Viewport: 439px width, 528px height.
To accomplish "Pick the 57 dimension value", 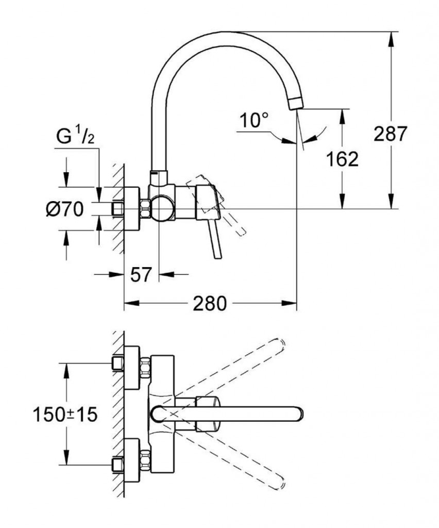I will (x=141, y=275).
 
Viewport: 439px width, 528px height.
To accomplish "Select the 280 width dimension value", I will (x=209, y=304).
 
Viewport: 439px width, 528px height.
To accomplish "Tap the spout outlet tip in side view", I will (x=297, y=102).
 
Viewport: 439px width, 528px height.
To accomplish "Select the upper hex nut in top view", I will (x=145, y=366).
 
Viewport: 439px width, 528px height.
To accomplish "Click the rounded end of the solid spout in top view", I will (x=299, y=413).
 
